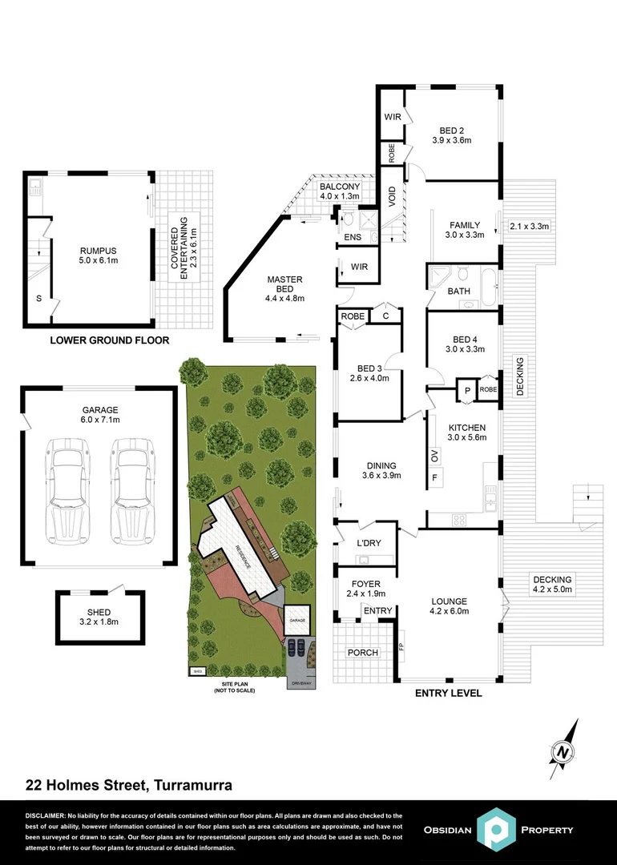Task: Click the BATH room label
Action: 458,292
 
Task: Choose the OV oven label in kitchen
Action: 435,458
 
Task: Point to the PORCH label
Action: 362,653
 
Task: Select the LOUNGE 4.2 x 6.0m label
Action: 449,606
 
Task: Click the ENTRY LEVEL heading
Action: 448,694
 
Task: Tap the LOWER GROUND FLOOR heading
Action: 110,340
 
